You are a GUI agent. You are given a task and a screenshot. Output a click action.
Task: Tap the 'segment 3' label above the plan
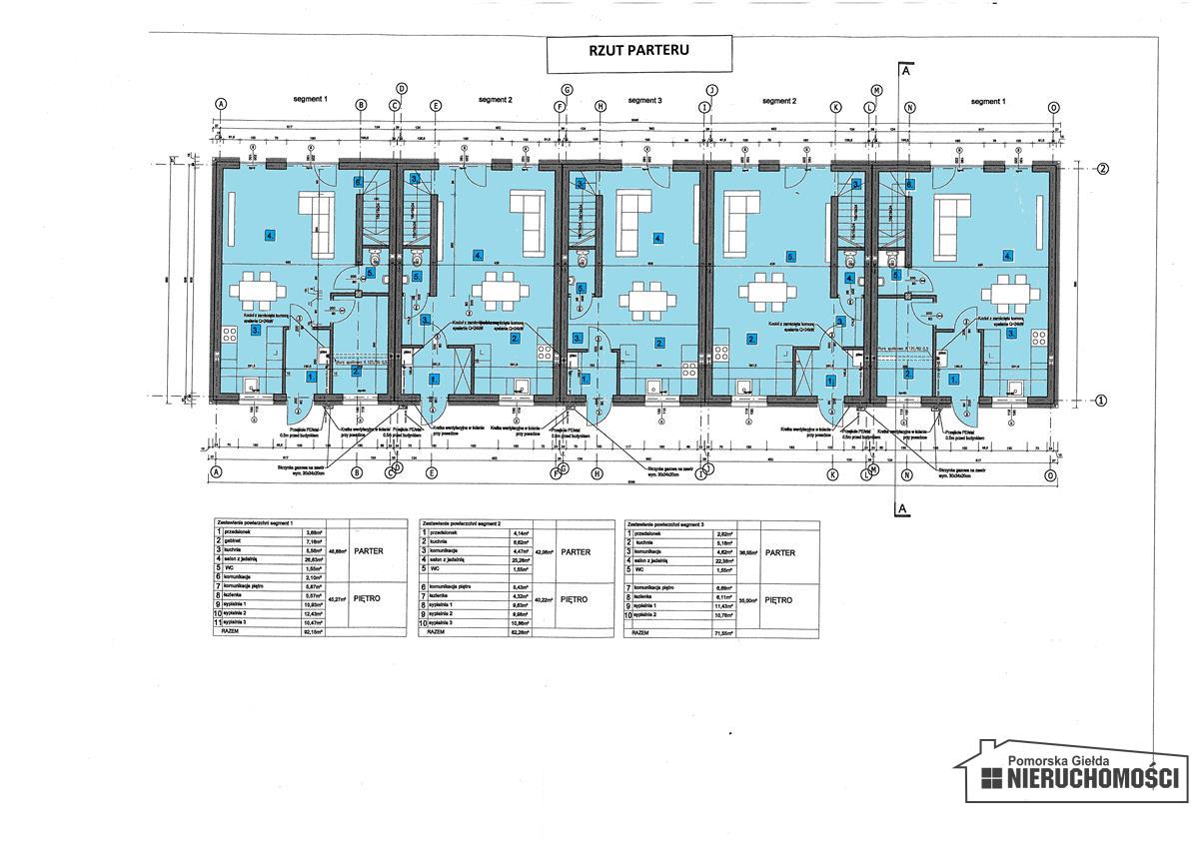click(x=644, y=101)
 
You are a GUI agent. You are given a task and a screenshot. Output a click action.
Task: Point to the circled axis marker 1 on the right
click(x=1102, y=401)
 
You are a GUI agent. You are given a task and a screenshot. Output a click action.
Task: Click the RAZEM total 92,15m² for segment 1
click(x=318, y=631)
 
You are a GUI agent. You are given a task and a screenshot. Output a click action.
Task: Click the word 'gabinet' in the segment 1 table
click(x=238, y=541)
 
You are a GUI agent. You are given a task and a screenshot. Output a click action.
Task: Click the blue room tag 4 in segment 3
click(x=658, y=238)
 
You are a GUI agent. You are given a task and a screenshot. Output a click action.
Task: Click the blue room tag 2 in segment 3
click(x=658, y=343)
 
